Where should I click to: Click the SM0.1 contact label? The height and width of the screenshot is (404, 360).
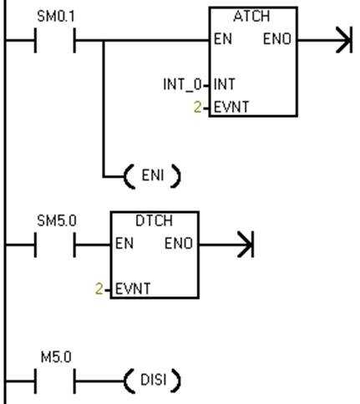coord(56,17)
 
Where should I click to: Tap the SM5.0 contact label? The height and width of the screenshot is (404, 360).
coord(57,221)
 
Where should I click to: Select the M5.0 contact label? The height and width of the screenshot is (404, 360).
coord(56,357)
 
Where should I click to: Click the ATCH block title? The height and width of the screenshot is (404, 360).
coord(251,17)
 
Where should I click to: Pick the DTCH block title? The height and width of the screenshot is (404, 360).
coord(154,221)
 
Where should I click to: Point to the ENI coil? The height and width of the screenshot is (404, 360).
coord(152,176)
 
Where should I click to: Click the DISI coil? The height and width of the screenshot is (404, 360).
coord(152,380)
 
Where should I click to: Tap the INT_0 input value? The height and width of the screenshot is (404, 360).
coord(182,84)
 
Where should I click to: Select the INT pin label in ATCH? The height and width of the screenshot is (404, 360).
coord(225,84)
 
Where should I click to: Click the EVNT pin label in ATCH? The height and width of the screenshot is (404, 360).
coord(231,107)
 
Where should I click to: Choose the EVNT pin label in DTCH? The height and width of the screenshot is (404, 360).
coord(133,289)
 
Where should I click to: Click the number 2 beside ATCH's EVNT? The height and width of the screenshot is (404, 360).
coord(197,108)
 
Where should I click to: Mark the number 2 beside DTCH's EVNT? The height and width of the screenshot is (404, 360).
coord(99,289)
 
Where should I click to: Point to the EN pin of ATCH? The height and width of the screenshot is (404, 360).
coord(223,39)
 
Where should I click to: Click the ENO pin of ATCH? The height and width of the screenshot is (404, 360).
coord(277,39)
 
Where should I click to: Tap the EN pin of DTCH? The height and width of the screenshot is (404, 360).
coord(124,243)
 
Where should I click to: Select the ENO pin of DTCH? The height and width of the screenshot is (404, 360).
coord(179,243)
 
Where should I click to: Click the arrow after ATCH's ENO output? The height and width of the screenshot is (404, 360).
coord(325,40)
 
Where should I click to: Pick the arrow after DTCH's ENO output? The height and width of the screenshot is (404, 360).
coord(226,245)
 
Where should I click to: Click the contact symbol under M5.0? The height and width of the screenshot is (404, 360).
coord(55,381)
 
